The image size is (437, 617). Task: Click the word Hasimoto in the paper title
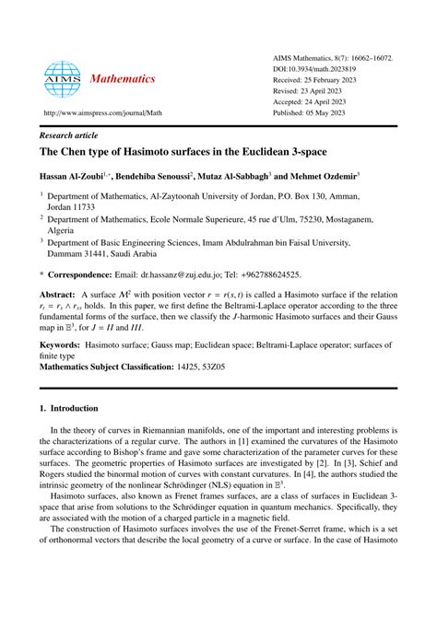click(x=156, y=150)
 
